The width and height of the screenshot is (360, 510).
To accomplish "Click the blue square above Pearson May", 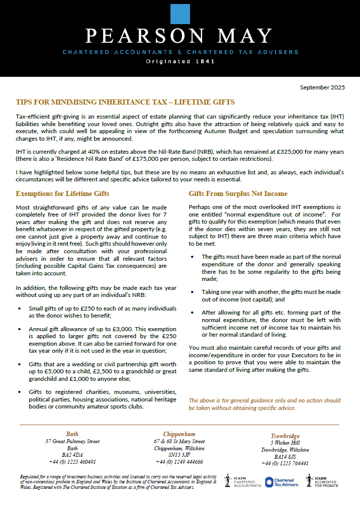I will (x=180, y=14).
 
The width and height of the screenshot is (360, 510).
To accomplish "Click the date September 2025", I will (x=322, y=87).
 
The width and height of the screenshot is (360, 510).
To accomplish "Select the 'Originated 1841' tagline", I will (x=180, y=62).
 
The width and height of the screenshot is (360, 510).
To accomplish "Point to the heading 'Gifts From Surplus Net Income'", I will (x=238, y=193).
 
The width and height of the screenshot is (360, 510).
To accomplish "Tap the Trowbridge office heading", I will (x=285, y=436).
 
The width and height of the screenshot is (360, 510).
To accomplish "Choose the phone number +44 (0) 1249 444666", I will (x=179, y=461).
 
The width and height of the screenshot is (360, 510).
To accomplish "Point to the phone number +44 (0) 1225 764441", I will (x=285, y=463).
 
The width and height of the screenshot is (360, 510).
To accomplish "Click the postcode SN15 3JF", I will (x=179, y=455).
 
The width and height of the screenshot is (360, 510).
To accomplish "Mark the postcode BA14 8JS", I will (x=285, y=457).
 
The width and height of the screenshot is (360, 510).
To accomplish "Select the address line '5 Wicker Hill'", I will (x=285, y=443).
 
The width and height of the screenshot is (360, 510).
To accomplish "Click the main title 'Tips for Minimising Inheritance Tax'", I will (x=125, y=103).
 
